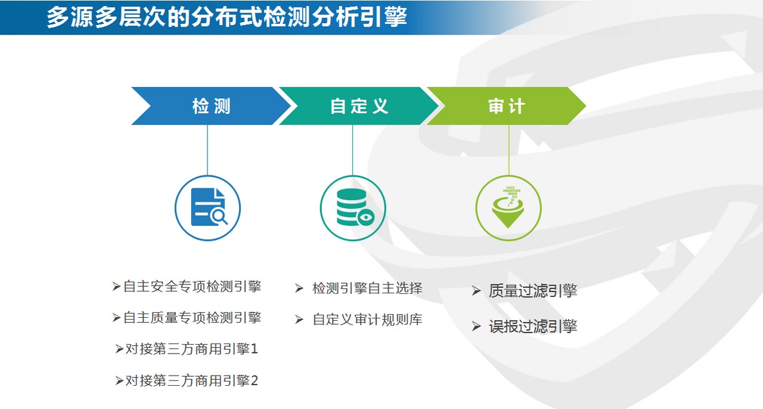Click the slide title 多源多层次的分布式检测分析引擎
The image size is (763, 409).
click(227, 17)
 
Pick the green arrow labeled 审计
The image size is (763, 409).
click(507, 106)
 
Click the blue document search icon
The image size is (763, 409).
click(209, 207)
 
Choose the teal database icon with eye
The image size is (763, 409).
click(354, 207)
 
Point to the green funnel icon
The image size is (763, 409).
click(508, 208)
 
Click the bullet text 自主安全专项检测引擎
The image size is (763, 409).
click(192, 286)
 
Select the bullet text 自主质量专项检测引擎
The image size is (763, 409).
click(192, 318)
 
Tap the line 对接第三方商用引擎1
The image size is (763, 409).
click(192, 349)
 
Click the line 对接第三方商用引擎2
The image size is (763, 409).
click(192, 380)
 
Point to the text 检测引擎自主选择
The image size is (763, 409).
click(368, 289)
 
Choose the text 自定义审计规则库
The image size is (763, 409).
click(368, 320)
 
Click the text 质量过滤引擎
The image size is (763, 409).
click(533, 291)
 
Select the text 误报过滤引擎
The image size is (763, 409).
click(533, 326)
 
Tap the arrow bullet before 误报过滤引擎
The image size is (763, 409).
click(476, 327)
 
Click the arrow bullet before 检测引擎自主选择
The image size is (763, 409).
click(299, 289)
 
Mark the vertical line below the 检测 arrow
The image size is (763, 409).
click(207, 150)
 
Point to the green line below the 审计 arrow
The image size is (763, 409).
click(509, 150)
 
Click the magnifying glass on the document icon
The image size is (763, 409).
click(219, 217)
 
